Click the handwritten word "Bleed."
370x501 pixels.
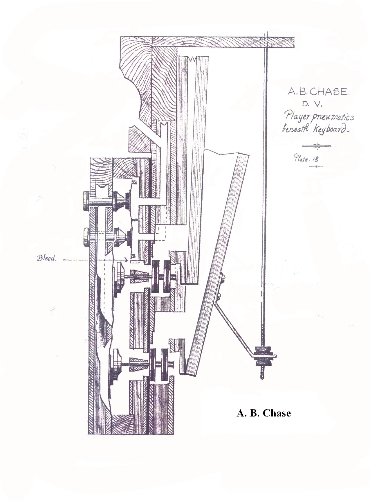pyautogui.click(x=46, y=258)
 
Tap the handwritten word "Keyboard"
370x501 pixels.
pyautogui.click(x=331, y=129)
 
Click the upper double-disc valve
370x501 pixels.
pyautogui.click(x=161, y=276)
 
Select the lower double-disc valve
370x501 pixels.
pyautogui.click(x=162, y=364)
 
